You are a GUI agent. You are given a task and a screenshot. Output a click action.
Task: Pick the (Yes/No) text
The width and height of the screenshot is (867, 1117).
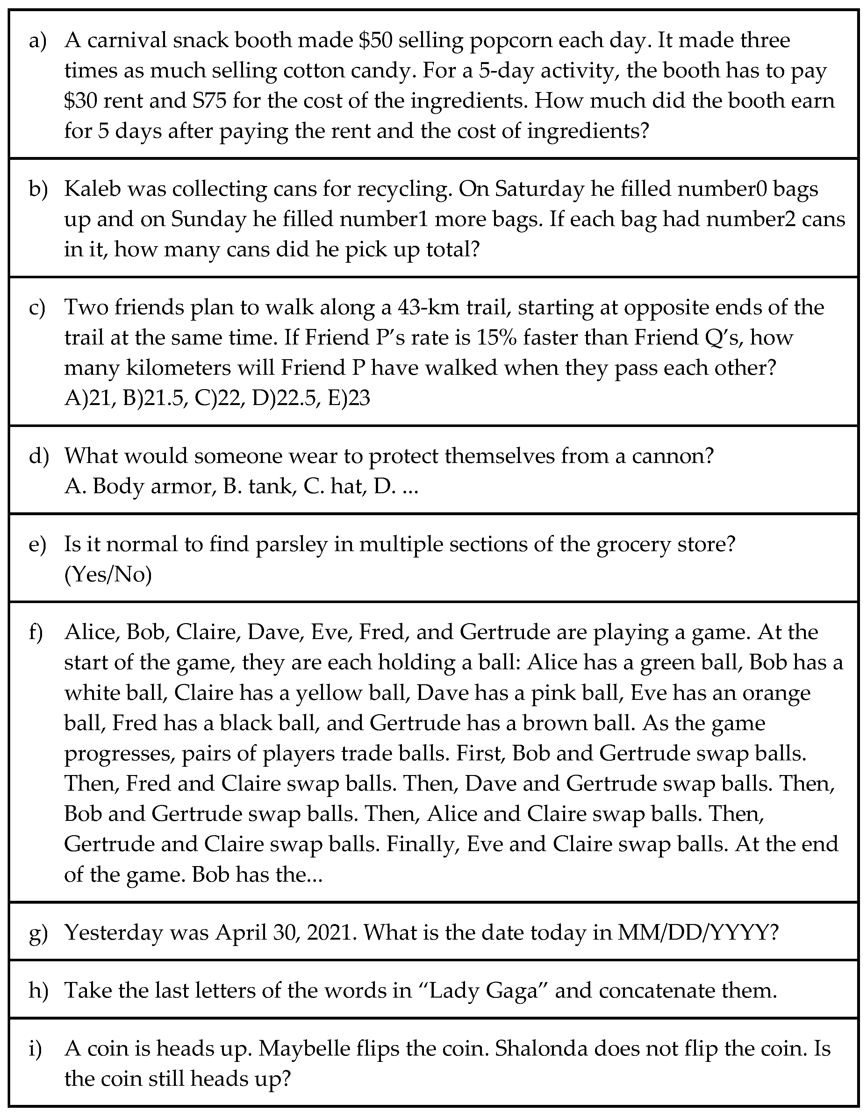[108, 575]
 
